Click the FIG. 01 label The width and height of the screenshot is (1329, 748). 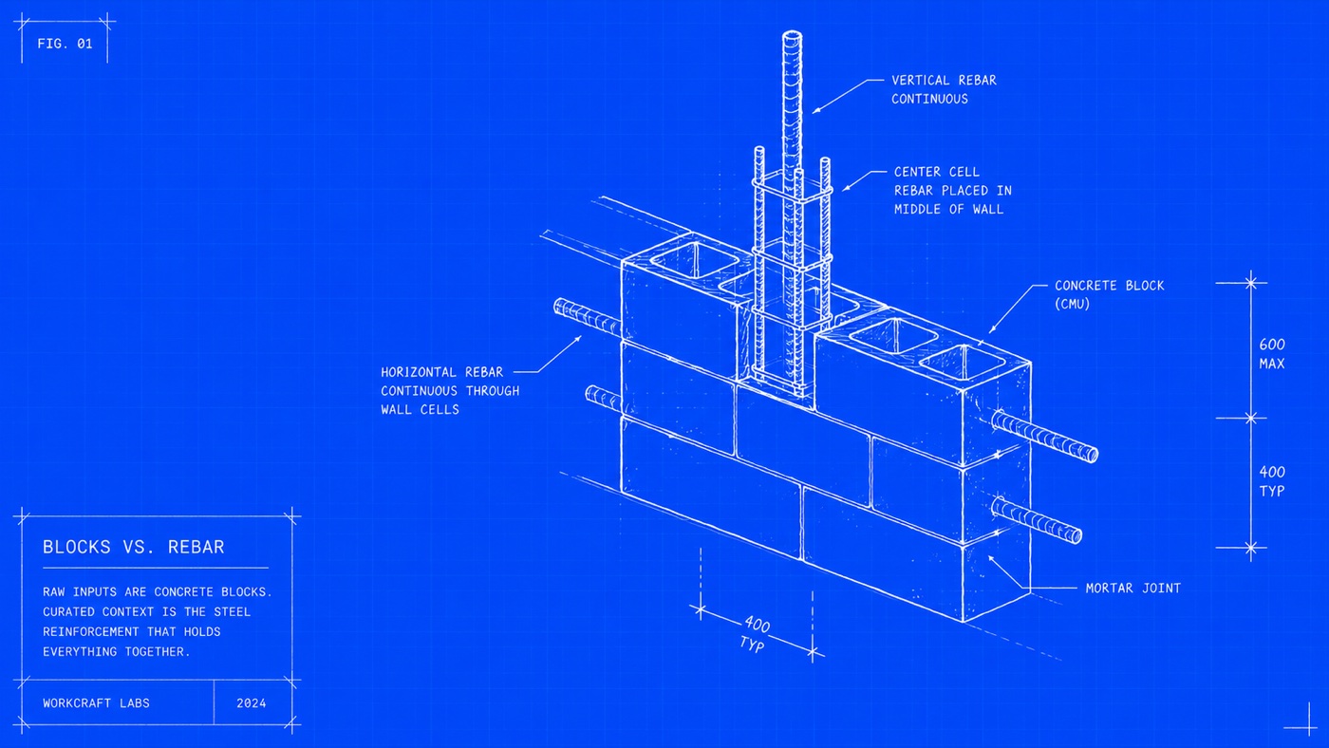click(x=65, y=44)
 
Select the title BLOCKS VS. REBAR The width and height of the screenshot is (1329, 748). click(x=134, y=547)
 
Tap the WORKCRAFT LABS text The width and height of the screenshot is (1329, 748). click(x=96, y=703)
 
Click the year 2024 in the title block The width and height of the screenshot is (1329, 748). click(x=251, y=703)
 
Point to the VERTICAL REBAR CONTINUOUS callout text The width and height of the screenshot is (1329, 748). click(x=944, y=89)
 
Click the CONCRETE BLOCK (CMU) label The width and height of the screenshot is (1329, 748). click(x=1110, y=295)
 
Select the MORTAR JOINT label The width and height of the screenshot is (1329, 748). click(x=1133, y=589)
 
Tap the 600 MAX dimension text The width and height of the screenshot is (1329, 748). click(x=1272, y=354)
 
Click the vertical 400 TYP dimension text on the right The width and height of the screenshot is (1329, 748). click(x=1272, y=481)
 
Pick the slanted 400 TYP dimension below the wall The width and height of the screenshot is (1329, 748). click(x=755, y=634)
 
